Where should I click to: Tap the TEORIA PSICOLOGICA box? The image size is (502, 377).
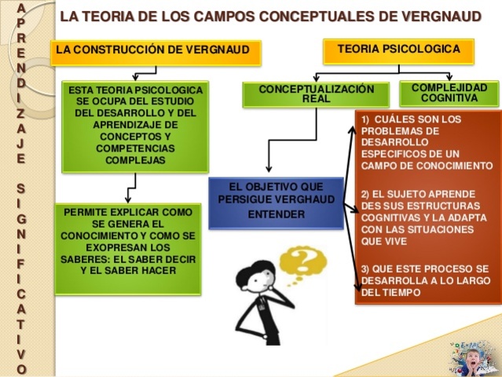(398, 49)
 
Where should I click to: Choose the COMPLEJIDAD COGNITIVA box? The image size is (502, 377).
(449, 93)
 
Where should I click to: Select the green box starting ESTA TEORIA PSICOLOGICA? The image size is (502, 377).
(135, 126)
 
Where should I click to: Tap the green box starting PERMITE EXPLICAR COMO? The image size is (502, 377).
(127, 249)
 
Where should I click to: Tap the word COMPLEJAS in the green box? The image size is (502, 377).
(134, 159)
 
